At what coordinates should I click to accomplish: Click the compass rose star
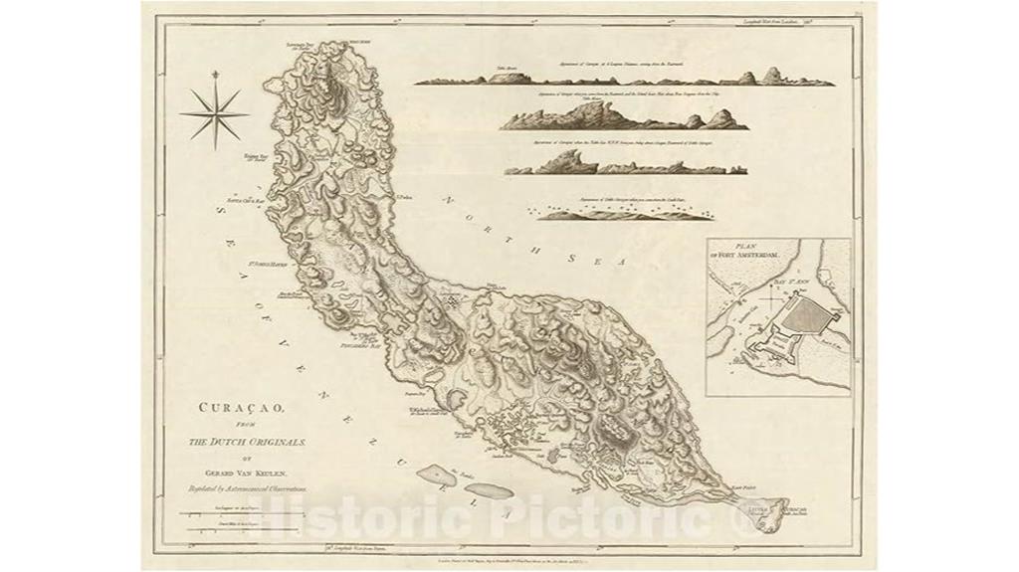tap(214, 113)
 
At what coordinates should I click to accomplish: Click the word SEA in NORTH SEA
tap(600, 262)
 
